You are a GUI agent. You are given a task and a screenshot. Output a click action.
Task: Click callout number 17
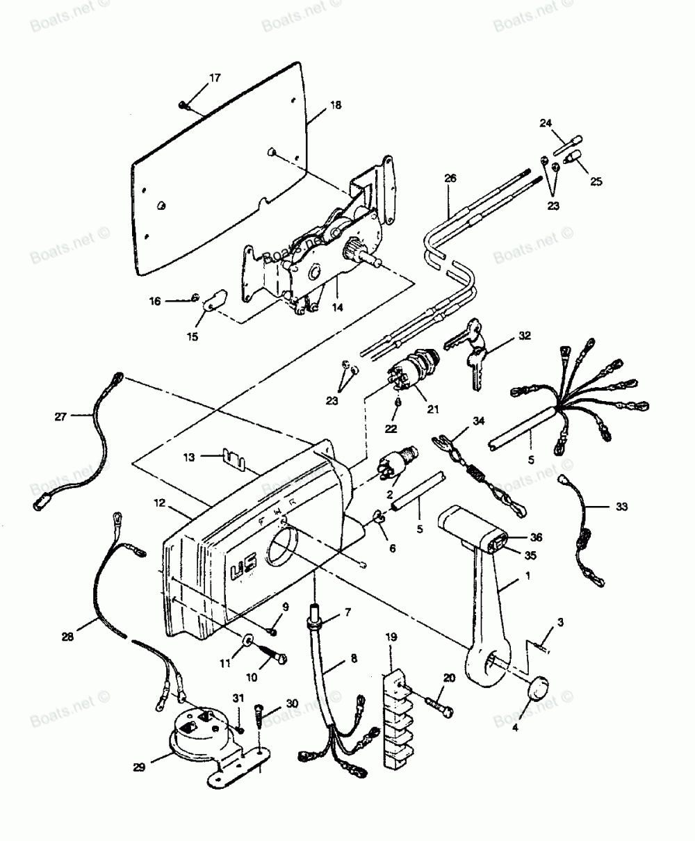[214, 78]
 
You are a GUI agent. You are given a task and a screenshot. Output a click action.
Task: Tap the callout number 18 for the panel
[335, 106]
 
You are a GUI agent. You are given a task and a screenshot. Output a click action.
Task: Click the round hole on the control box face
[281, 546]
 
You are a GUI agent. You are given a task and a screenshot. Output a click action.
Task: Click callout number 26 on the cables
[450, 179]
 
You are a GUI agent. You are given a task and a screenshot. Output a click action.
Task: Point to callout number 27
[60, 417]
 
